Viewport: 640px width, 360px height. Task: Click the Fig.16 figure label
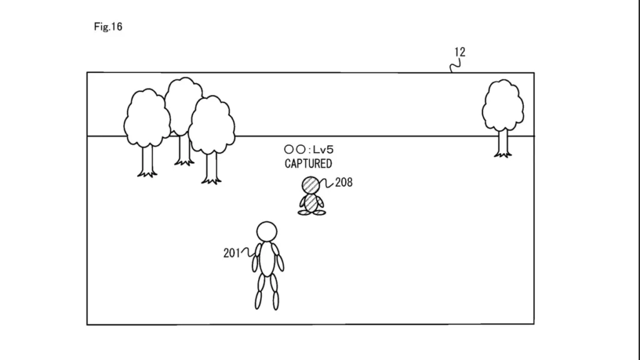tap(108, 27)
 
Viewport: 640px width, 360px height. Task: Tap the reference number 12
tap(460, 52)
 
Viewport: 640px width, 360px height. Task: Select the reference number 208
tap(344, 182)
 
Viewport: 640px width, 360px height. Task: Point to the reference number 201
tap(232, 253)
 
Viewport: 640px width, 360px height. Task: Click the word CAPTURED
tap(308, 164)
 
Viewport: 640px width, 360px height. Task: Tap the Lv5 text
tap(323, 150)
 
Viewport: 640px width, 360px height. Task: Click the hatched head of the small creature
tap(311, 185)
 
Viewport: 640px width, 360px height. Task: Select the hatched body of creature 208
tap(311, 203)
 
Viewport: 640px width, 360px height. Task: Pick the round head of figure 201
tap(267, 232)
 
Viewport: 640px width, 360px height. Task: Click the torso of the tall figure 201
tap(267, 259)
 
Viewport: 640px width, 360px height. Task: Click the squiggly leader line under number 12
tap(456, 65)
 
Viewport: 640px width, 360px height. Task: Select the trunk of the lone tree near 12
tap(503, 143)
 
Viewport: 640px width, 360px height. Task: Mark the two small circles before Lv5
tap(295, 150)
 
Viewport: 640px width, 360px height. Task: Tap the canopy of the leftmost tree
tap(147, 118)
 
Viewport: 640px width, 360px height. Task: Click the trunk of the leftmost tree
tap(147, 161)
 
